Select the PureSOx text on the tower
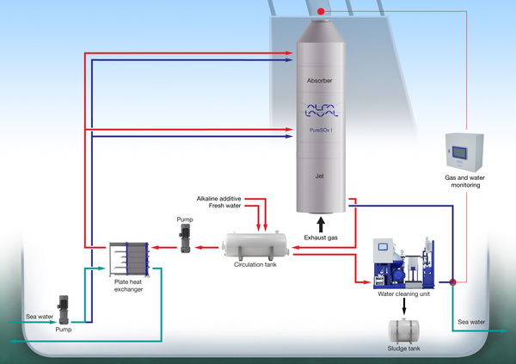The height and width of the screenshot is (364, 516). coord(322,131)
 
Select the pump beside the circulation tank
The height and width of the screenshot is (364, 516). coord(186,242)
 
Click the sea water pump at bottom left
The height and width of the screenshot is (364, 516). coord(64,310)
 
